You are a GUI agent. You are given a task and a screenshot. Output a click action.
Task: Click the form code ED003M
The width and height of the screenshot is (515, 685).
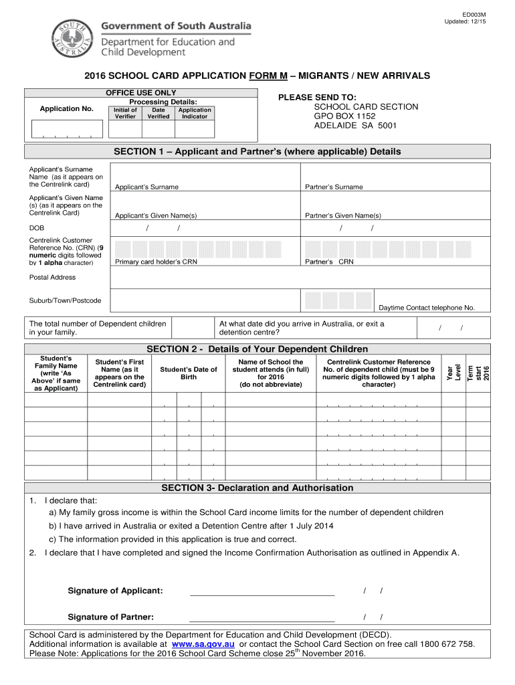[474, 13]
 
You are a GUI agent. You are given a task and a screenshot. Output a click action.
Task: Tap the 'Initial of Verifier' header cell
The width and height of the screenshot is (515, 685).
[125, 113]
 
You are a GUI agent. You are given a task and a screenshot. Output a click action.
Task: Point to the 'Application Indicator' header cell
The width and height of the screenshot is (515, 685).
[195, 113]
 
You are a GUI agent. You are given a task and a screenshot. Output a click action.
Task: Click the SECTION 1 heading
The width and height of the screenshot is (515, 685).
[257, 152]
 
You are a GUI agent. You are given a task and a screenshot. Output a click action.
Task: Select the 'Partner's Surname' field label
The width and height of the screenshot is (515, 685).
[334, 187]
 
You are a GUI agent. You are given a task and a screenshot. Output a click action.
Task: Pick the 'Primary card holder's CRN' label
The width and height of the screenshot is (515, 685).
[156, 262]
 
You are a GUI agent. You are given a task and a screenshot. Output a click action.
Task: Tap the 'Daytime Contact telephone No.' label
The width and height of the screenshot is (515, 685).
[427, 308]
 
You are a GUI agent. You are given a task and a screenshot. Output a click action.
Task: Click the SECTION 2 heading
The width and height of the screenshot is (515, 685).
[257, 349]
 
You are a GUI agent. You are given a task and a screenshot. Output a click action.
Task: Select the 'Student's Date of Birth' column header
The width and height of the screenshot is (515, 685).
[189, 373]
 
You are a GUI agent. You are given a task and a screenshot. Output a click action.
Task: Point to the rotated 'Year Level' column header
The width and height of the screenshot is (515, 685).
[453, 373]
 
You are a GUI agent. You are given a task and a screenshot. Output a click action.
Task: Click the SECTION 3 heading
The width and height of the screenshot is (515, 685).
[257, 488]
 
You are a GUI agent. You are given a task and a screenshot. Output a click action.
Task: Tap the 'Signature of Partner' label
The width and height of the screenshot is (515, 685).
[111, 617]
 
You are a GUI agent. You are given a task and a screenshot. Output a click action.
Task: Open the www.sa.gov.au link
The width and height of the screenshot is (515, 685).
[203, 644]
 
